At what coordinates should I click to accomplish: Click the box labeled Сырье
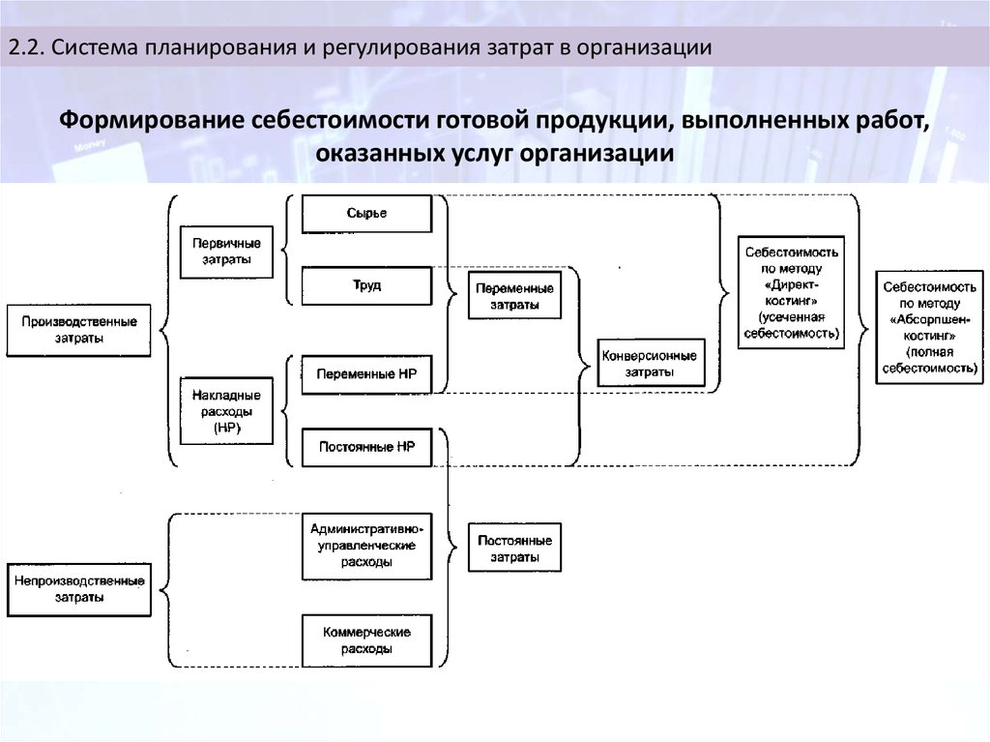pos(364,214)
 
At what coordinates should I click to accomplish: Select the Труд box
pos(364,286)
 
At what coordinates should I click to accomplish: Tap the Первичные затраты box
pos(225,252)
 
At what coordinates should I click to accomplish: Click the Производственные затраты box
pos(79,331)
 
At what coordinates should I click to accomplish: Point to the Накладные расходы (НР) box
pos(225,410)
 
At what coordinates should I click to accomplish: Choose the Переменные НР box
pos(364,373)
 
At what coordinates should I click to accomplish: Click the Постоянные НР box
pos(364,448)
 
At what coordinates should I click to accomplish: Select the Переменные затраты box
pos(514,297)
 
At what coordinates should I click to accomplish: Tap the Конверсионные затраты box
pos(649,363)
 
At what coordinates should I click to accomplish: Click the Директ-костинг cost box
pos(792,292)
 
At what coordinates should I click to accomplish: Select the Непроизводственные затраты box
pos(79,589)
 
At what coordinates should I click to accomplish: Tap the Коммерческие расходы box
pos(364,640)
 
